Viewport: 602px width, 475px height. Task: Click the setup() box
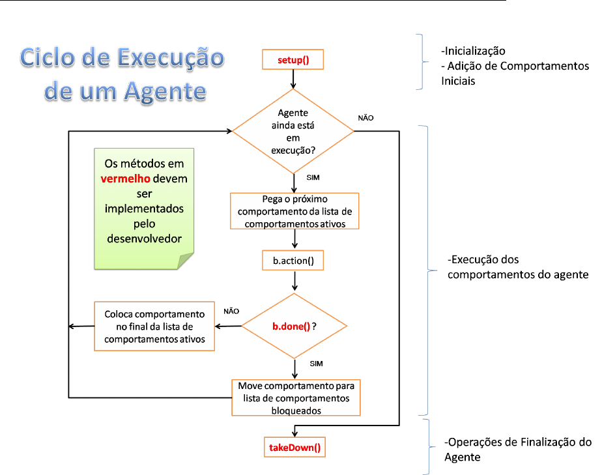pyautogui.click(x=293, y=60)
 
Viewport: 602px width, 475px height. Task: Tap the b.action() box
pyautogui.click(x=293, y=261)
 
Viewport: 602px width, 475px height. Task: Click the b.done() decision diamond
pyautogui.click(x=294, y=326)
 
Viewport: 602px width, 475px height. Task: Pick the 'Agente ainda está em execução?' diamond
pyautogui.click(x=293, y=131)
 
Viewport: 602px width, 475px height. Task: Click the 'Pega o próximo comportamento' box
pyautogui.click(x=294, y=211)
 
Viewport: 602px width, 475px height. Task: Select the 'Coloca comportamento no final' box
pyautogui.click(x=154, y=326)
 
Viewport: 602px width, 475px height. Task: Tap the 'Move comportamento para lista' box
pyautogui.click(x=296, y=397)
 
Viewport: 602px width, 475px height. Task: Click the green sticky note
pyautogui.click(x=145, y=210)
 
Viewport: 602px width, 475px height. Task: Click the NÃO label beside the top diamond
pyautogui.click(x=366, y=118)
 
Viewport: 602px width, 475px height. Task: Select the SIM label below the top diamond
pyautogui.click(x=312, y=177)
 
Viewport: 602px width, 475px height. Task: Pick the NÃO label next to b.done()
pyautogui.click(x=231, y=311)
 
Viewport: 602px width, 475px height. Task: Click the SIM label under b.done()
pyautogui.click(x=315, y=363)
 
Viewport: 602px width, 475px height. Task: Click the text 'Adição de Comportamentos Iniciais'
pyautogui.click(x=515, y=74)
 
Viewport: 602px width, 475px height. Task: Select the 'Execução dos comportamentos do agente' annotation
pyautogui.click(x=517, y=267)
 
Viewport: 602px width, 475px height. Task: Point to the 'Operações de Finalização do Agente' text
pyautogui.click(x=517, y=450)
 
